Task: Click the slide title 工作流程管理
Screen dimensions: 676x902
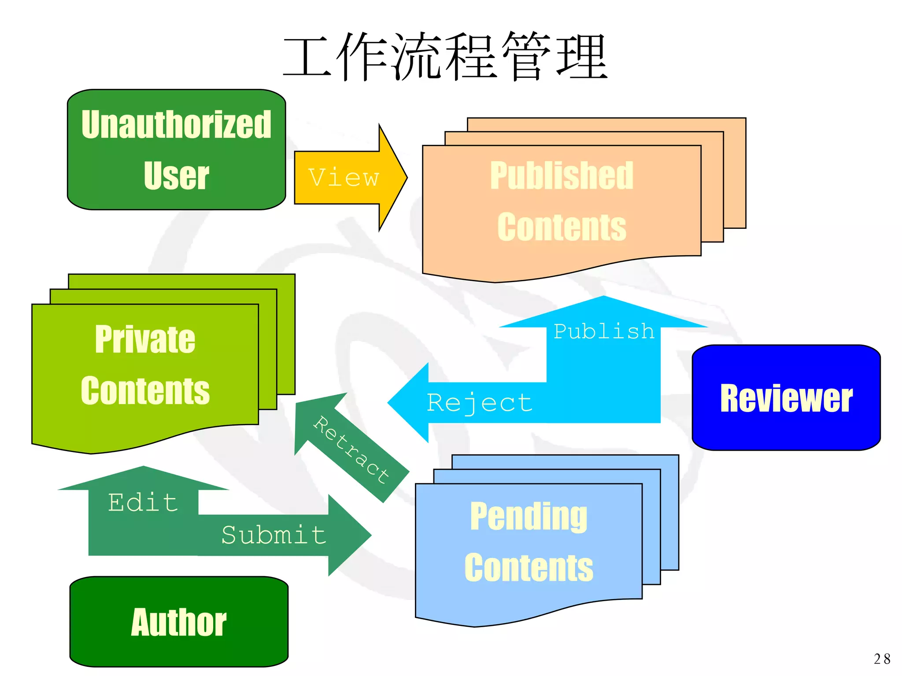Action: click(x=445, y=56)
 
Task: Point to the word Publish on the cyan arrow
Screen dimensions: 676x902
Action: click(x=604, y=331)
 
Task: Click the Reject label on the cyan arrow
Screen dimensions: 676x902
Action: click(x=480, y=403)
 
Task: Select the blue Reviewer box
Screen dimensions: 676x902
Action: click(x=786, y=398)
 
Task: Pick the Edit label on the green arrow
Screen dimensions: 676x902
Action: click(x=143, y=502)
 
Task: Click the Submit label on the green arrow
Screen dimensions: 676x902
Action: click(x=274, y=535)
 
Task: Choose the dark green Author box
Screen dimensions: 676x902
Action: click(x=179, y=621)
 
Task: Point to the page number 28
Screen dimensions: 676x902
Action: click(x=882, y=659)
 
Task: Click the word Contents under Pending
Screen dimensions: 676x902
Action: click(x=529, y=568)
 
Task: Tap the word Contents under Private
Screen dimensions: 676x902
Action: click(x=145, y=391)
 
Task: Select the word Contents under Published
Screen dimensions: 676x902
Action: click(x=562, y=227)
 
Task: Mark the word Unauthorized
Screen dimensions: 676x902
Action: click(x=176, y=125)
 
